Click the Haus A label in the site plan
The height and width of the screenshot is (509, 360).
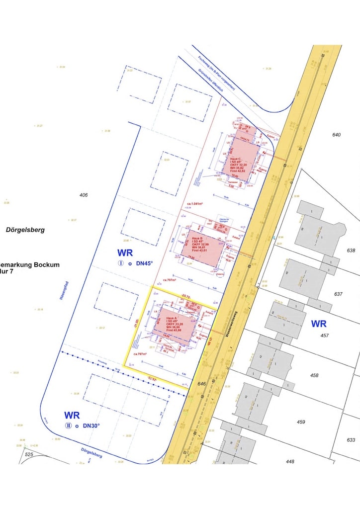[172, 318]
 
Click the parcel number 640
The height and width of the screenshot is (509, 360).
[337, 135]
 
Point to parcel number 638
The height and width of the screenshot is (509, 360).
[351, 251]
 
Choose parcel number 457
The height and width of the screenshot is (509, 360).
[325, 336]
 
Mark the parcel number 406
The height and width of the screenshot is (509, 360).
[84, 195]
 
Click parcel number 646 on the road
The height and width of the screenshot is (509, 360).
[201, 384]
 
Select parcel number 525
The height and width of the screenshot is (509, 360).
[29, 454]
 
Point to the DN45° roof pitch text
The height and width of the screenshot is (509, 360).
[145, 264]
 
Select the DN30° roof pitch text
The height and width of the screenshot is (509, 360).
[91, 425]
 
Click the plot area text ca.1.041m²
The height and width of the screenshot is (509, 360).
[196, 204]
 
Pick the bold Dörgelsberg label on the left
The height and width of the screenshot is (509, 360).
[25, 230]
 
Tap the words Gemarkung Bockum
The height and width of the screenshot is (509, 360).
[29, 265]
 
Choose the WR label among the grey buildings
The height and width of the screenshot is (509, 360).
[319, 324]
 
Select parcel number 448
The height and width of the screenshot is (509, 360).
[290, 461]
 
